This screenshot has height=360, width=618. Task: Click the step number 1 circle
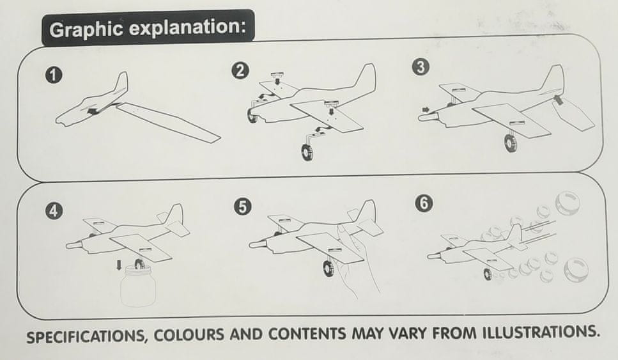[x=54, y=75]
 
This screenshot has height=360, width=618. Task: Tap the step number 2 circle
[x=240, y=71]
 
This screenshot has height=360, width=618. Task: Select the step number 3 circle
[x=421, y=67]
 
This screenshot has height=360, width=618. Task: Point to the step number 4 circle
[x=54, y=210]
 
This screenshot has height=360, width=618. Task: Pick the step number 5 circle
[x=242, y=207]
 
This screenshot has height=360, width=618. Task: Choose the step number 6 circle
[x=424, y=203]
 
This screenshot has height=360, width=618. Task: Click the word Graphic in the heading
[x=86, y=29]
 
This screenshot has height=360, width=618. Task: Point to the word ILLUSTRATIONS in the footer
[x=539, y=332]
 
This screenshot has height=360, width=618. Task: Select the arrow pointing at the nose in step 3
[x=425, y=109]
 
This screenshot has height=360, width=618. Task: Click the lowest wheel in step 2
[x=307, y=152]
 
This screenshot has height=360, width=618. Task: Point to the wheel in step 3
[x=511, y=143]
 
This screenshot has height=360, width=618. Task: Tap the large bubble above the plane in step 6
[x=568, y=202]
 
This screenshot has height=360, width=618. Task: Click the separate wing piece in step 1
[x=168, y=123]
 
